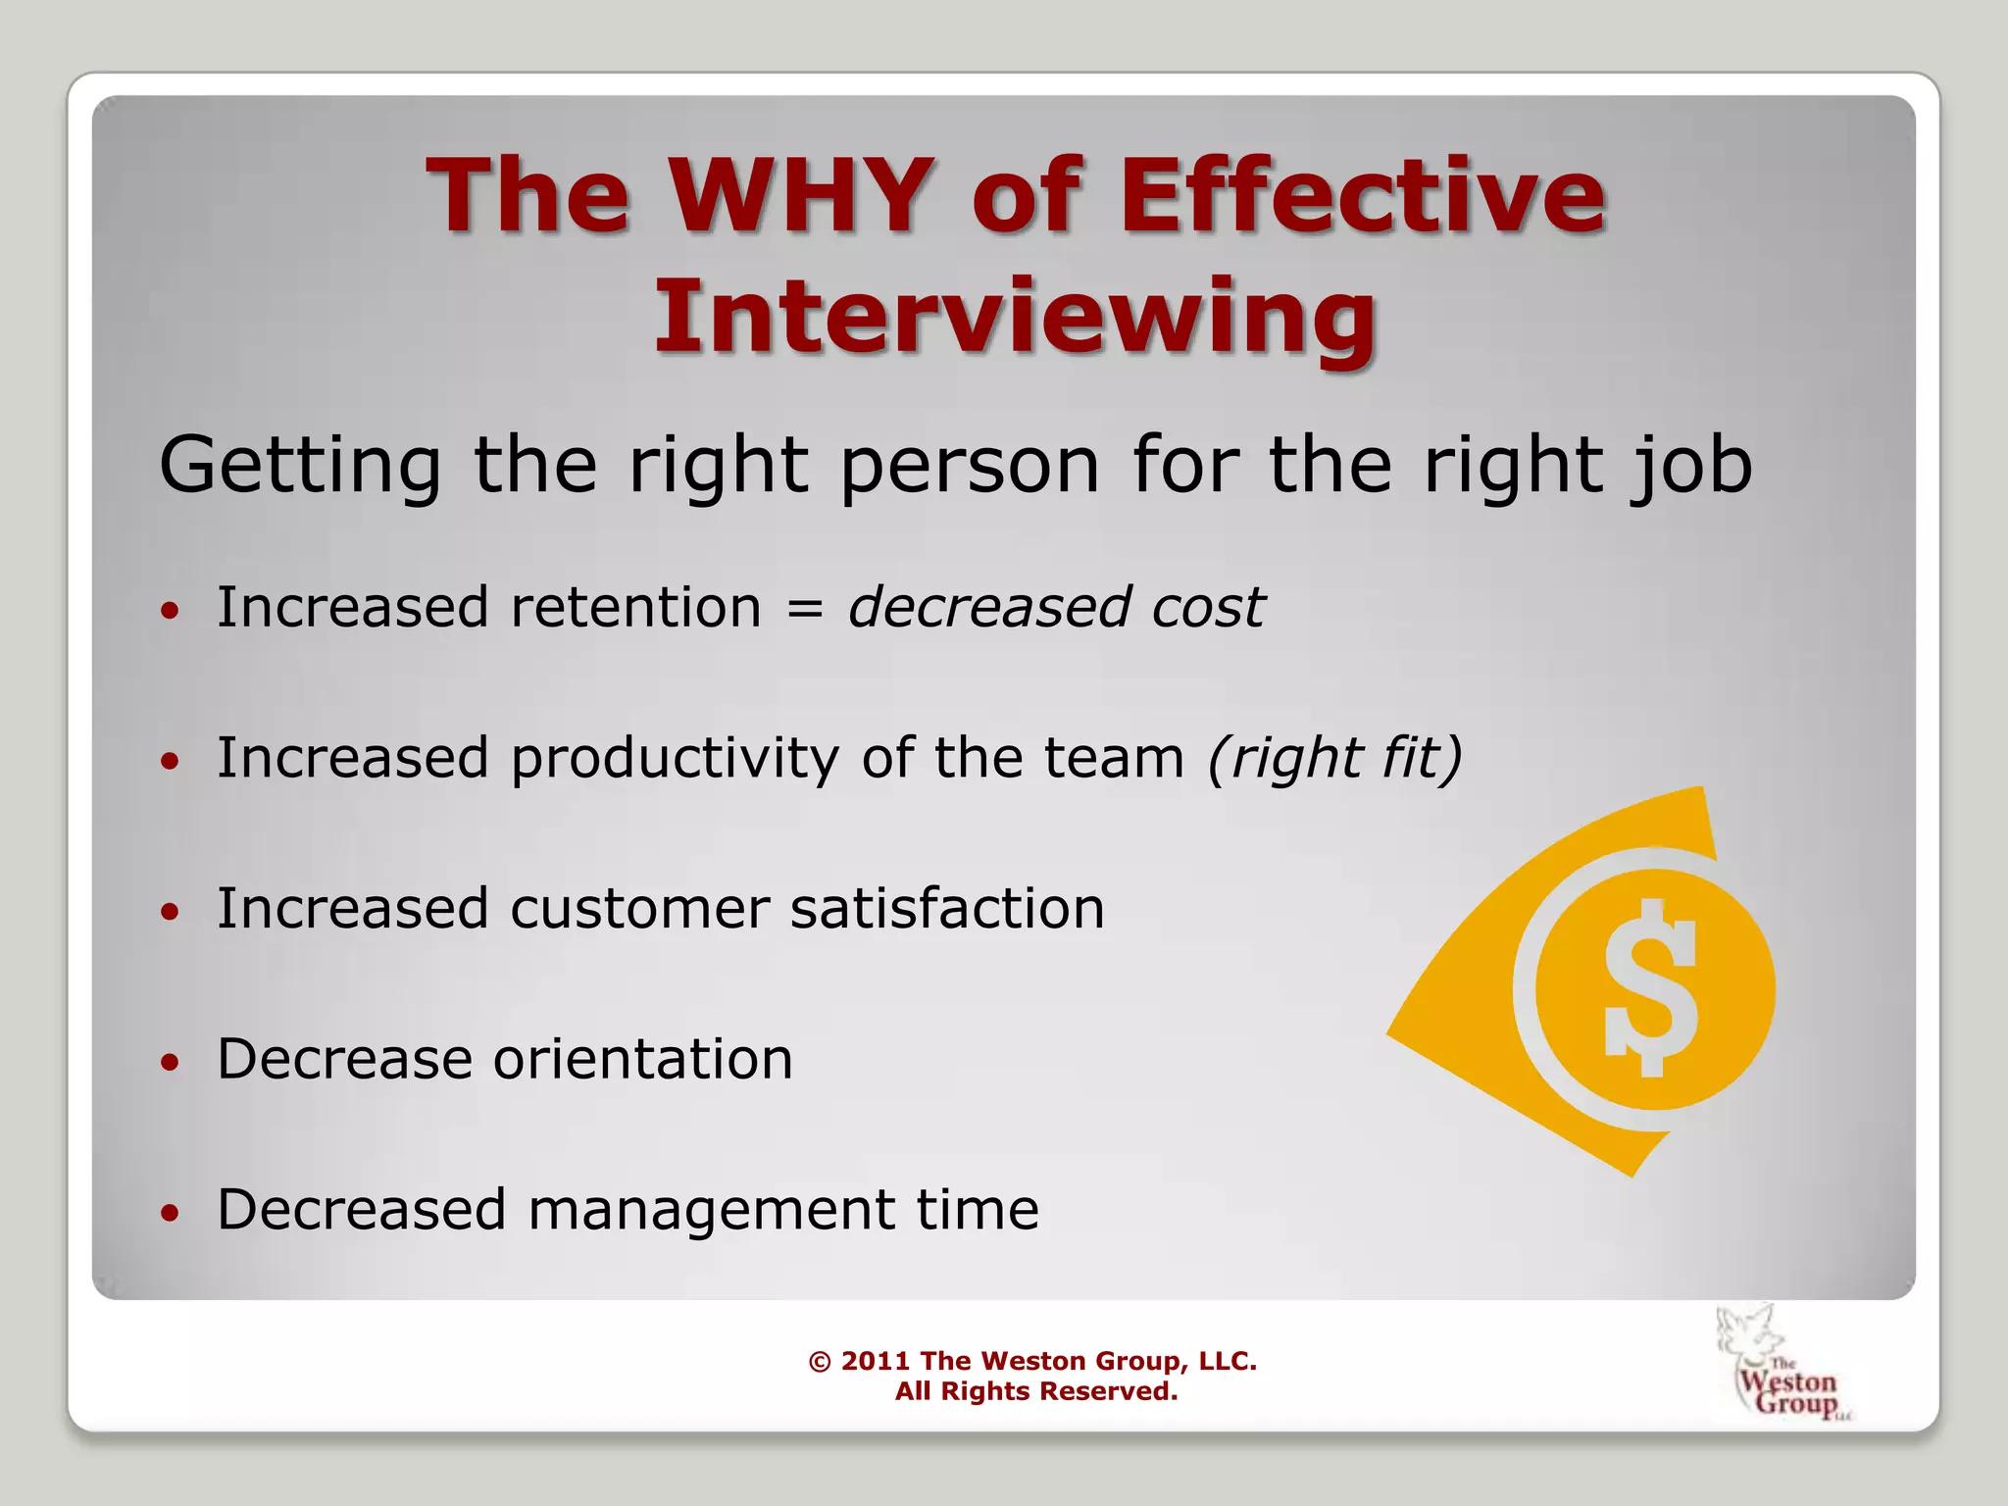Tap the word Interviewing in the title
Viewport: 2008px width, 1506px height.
pyautogui.click(x=1016, y=316)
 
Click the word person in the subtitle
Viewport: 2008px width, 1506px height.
pyautogui.click(x=970, y=465)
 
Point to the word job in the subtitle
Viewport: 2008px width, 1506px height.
pyautogui.click(x=1689, y=465)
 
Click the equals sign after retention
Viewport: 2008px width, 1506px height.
pyautogui.click(x=804, y=609)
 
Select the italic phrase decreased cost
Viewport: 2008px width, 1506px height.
pyautogui.click(x=1056, y=607)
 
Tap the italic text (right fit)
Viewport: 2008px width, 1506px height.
pyautogui.click(x=1334, y=758)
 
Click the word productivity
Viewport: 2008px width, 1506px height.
pyautogui.click(x=675, y=760)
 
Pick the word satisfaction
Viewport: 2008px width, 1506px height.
pyautogui.click(x=947, y=908)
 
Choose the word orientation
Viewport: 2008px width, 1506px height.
pyautogui.click(x=642, y=1059)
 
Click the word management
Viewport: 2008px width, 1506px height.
pyautogui.click(x=711, y=1211)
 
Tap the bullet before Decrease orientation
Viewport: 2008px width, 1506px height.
pyautogui.click(x=171, y=1062)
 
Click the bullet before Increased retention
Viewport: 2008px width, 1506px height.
pyautogui.click(x=171, y=611)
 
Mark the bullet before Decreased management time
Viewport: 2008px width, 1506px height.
pyautogui.click(x=171, y=1213)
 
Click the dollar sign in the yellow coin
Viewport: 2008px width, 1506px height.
pyautogui.click(x=1651, y=987)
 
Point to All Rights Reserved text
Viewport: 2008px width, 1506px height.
pyautogui.click(x=1035, y=1391)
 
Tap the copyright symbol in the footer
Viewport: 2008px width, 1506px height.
pyautogui.click(x=820, y=1361)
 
